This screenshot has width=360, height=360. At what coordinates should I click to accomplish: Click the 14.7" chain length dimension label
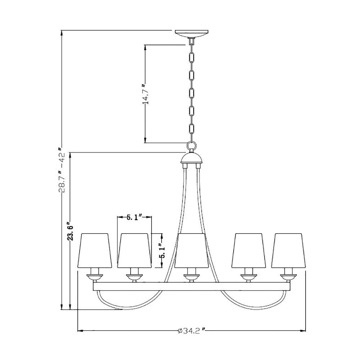145,94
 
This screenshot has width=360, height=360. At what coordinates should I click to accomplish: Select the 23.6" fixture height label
71,231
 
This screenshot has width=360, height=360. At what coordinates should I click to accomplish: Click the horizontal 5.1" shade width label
135,217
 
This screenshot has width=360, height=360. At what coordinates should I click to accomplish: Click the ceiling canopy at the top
192,34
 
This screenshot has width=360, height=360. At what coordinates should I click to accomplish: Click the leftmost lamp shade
95,251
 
